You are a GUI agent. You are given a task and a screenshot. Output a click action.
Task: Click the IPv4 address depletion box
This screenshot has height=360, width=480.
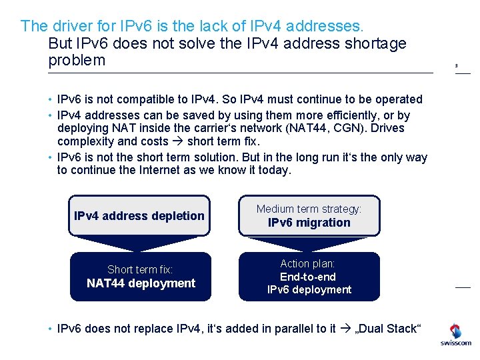(x=139, y=215)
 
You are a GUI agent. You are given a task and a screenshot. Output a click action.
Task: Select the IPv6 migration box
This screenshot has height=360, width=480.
(x=309, y=216)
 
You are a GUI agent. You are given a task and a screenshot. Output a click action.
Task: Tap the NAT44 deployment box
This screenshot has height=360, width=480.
(x=141, y=277)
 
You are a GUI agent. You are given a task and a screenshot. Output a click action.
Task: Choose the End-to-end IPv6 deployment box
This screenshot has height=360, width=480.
(x=309, y=277)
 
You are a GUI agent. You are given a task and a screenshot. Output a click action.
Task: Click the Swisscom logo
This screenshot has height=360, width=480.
(x=455, y=335)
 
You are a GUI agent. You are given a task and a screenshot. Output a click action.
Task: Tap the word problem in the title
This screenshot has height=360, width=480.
(x=77, y=61)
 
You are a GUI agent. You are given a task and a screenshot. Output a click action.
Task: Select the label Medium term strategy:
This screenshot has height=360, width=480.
(x=309, y=209)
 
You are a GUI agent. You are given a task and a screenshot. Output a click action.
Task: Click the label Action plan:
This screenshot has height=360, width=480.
(x=307, y=264)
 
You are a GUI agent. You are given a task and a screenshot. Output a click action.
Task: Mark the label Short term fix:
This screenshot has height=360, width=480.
(x=140, y=269)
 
